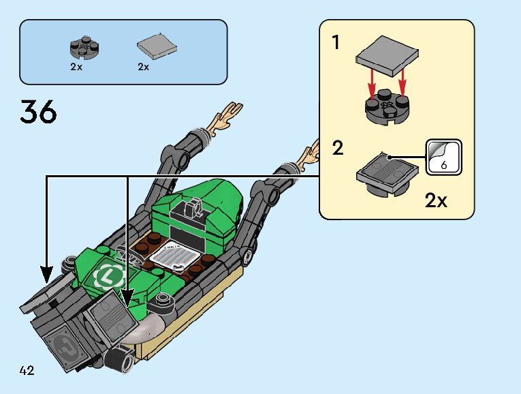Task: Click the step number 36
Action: tap(39, 112)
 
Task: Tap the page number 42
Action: tap(27, 371)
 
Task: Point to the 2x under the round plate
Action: tap(76, 67)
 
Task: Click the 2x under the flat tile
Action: tap(144, 67)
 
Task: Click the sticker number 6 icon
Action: tap(443, 156)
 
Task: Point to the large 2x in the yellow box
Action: tap(436, 200)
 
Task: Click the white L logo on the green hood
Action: tap(107, 276)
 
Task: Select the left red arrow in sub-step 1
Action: tap(373, 84)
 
